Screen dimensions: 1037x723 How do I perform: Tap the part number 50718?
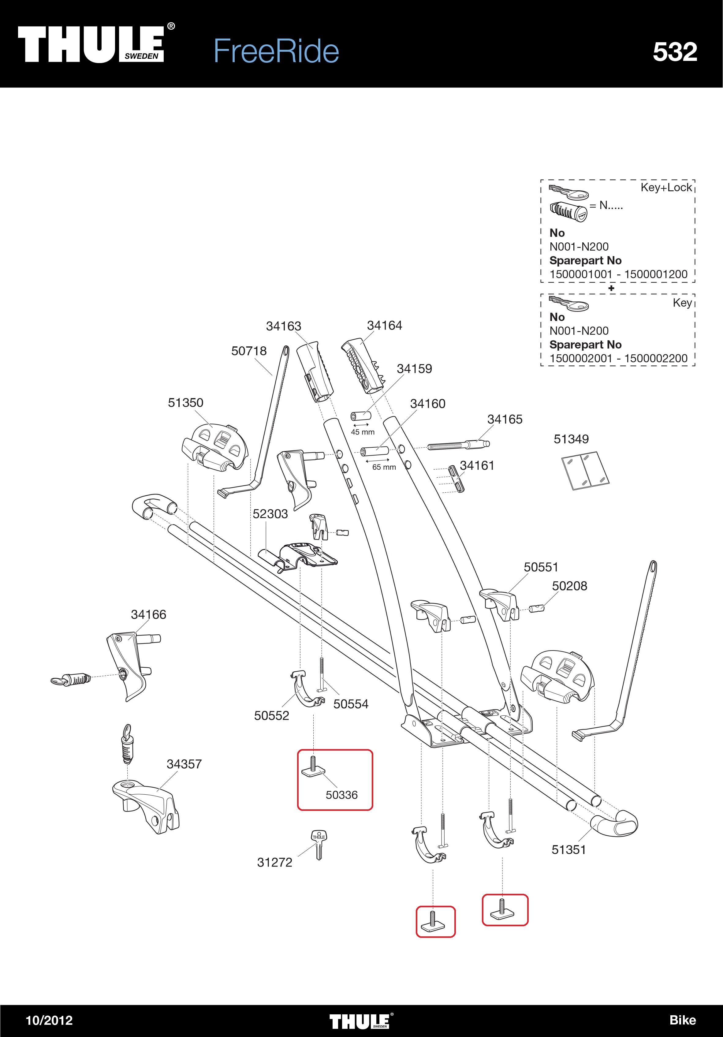pos(249,351)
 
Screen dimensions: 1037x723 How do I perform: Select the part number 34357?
pos(184,764)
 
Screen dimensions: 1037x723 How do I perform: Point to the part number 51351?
pos(568,849)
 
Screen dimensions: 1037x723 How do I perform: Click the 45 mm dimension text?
pos(363,432)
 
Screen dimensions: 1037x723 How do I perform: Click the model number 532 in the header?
pos(675,52)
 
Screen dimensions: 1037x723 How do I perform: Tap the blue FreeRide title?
pos(276,51)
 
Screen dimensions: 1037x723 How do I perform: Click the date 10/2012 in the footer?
pos(49,1020)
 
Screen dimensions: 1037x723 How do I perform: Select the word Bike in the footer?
pos(682,1020)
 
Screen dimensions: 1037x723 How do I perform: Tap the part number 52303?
pos(270,514)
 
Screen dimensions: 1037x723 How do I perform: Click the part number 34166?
pos(149,615)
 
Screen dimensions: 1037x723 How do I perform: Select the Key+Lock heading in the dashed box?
pos(666,188)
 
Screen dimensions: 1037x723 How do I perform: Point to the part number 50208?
pos(569,586)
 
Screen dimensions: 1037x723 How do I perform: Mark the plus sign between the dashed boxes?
pos(611,288)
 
